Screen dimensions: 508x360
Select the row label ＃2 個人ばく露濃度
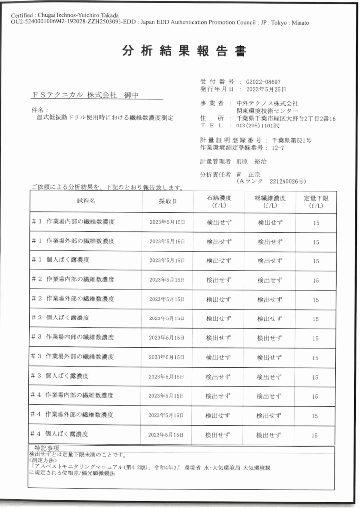coord(60,317)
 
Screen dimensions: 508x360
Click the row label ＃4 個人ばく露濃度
coord(60,434)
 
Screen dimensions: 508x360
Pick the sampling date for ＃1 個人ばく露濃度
coord(167,260)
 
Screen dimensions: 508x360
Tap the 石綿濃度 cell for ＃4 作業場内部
coord(219,396)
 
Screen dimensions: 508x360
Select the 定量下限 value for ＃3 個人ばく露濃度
coord(315,377)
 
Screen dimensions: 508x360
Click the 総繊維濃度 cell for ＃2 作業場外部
coord(270,299)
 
